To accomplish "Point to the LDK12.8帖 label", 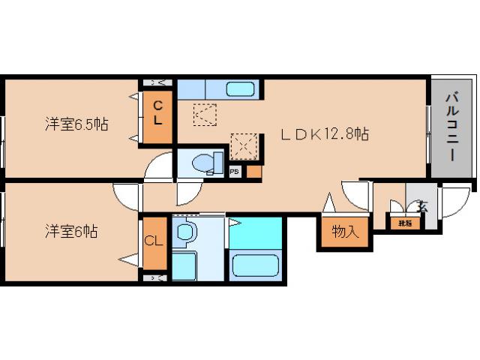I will tap(325, 134).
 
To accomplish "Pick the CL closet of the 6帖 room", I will tap(154, 241).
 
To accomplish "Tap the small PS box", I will tap(234, 171).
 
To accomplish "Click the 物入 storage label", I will tap(344, 232).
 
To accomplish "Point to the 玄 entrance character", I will tap(422, 206).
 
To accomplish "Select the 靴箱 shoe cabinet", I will tap(405, 223).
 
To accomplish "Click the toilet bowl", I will tap(204, 162).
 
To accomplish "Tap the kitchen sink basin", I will tap(241, 88).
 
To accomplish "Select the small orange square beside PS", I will tap(253, 171).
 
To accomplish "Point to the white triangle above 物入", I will tap(328, 202).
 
